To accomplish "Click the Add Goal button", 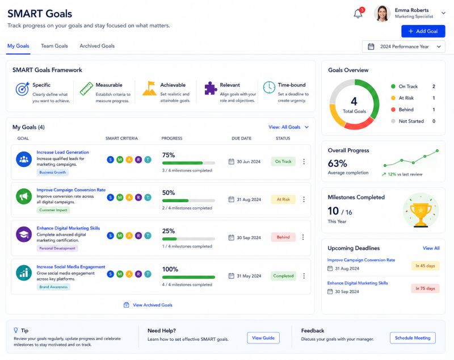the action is click(423, 31).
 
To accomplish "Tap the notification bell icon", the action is click(358, 14).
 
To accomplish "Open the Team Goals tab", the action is click(54, 46).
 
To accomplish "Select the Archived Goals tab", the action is click(97, 46).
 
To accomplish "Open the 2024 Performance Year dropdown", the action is click(403, 47).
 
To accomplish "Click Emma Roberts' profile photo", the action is click(382, 13).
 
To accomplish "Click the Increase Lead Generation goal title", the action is click(62, 152).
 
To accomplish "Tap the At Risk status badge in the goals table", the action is click(283, 199).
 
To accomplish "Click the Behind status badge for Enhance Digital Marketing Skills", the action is click(283, 237).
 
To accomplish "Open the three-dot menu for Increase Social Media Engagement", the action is click(304, 276).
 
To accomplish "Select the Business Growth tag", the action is click(53, 172).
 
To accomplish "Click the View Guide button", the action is click(263, 338).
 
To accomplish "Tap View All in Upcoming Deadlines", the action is click(431, 248).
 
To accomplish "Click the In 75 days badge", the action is click(425, 288).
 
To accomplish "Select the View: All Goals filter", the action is click(289, 127).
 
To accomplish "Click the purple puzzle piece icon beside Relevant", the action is click(211, 89).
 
